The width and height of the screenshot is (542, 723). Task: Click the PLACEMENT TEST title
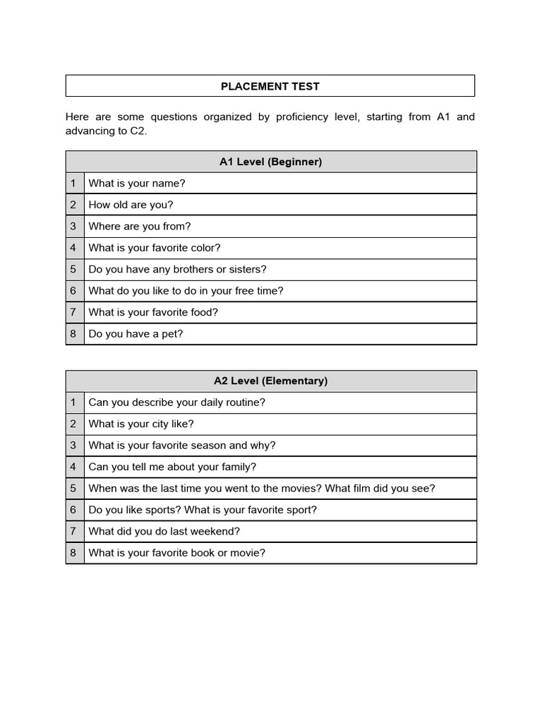[270, 86]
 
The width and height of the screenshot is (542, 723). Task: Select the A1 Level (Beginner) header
[270, 162]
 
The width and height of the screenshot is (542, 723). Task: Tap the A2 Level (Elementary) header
[270, 381]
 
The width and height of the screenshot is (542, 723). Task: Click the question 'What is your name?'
[137, 184]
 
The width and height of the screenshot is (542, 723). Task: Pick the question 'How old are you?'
[131, 205]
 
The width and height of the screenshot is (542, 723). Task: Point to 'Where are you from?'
[140, 227]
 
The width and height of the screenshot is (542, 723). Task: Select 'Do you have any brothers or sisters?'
[177, 269]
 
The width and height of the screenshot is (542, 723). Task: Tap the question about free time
[186, 291]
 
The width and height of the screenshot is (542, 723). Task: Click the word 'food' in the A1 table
[205, 312]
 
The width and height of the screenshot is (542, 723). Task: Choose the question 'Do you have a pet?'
[135, 334]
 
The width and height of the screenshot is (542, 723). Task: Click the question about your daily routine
[176, 402]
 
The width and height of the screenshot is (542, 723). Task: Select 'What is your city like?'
[141, 424]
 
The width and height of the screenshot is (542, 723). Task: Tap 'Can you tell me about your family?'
[172, 467]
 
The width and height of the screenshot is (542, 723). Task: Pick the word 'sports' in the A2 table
[164, 510]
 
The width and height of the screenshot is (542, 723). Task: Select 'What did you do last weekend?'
[164, 531]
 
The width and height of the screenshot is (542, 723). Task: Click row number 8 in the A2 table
[73, 553]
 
